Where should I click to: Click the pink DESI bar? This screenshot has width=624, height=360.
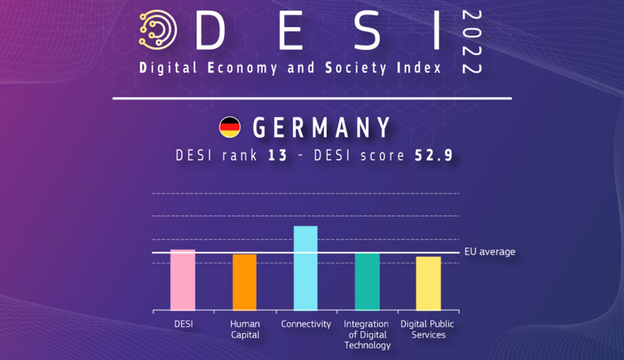point(183,280)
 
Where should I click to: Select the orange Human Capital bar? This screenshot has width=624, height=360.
point(245,282)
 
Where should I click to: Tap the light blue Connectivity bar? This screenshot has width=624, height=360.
point(306,268)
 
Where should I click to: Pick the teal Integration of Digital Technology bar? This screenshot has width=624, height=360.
point(367,281)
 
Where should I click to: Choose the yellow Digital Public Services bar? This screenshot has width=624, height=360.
point(428,283)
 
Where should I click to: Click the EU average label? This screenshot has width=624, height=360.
point(489,252)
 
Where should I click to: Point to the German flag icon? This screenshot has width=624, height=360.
point(229,127)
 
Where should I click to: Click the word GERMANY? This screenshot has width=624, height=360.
point(322,128)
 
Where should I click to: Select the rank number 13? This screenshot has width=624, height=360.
point(277,156)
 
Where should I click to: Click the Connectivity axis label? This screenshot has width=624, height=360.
point(306,324)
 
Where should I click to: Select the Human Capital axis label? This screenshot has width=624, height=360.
point(245,329)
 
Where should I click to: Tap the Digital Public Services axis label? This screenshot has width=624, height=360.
point(428,329)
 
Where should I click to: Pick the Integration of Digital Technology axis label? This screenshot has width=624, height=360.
point(367,334)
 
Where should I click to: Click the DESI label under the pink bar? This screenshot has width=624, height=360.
point(183,324)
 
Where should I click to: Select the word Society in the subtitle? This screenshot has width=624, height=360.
point(347,68)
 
